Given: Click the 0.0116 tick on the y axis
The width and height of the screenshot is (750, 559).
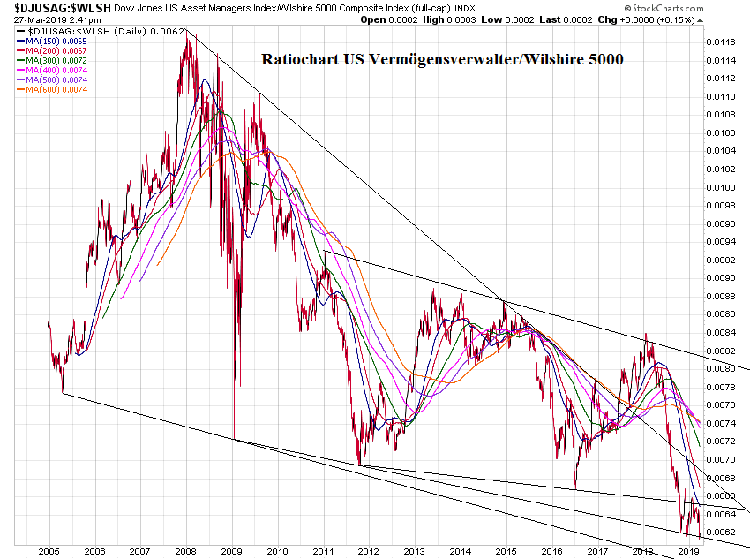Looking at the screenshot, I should (724, 42).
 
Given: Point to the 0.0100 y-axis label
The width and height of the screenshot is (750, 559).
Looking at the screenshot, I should (724, 187).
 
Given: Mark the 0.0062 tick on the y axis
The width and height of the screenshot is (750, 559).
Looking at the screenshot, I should (724, 532).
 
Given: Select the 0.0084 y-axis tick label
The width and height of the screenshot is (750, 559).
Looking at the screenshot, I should (724, 332).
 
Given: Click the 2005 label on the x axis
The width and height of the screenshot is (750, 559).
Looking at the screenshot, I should (49, 550).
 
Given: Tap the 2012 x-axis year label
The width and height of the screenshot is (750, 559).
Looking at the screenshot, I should (368, 550).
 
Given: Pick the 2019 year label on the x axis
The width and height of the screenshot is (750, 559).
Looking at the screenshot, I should (688, 550).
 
